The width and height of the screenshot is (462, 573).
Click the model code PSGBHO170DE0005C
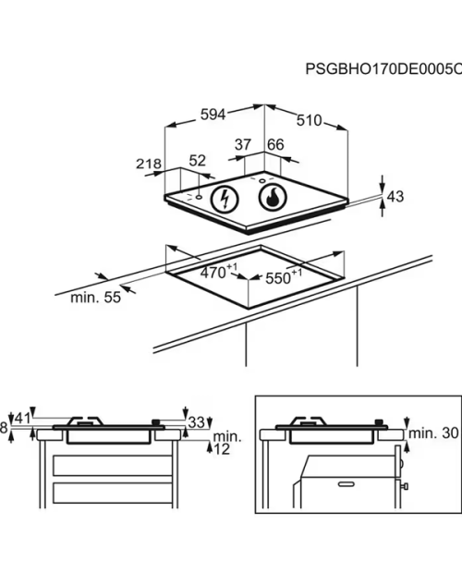tap(383, 68)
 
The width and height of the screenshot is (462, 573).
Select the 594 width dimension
tap(213, 115)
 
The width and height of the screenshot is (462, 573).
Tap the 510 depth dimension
tap(309, 120)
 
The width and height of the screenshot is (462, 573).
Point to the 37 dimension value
tap(243, 144)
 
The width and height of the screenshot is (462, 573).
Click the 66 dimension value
tap(275, 145)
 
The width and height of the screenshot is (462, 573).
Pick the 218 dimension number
tap(149, 164)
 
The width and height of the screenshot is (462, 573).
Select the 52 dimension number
tap(197, 161)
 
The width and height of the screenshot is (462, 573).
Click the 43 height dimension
tap(395, 197)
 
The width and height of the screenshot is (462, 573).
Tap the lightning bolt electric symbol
tap(225, 200)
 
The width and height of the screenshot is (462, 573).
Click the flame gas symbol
tap(273, 198)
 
